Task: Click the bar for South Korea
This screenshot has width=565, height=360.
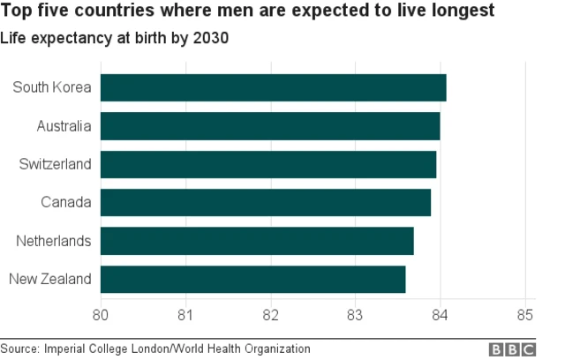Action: click(x=274, y=88)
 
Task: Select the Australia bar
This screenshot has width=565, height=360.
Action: click(x=270, y=126)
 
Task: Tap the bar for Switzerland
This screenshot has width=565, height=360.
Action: click(x=268, y=165)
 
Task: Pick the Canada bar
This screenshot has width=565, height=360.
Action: click(x=266, y=203)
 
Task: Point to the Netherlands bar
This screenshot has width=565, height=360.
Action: click(x=257, y=241)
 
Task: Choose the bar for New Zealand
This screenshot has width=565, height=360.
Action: click(x=253, y=280)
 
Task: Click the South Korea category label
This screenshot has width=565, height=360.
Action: click(x=52, y=88)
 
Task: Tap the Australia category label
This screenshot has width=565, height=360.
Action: click(x=64, y=126)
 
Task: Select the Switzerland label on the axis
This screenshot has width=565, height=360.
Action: click(x=55, y=165)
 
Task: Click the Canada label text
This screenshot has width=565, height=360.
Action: click(x=66, y=203)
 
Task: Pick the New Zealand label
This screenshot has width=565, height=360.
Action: click(x=50, y=280)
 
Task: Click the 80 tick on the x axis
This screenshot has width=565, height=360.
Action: click(x=101, y=314)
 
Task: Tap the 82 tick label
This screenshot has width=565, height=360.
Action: click(x=271, y=314)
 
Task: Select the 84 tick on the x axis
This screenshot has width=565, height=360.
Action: click(x=441, y=314)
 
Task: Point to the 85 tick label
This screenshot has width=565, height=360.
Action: click(x=525, y=314)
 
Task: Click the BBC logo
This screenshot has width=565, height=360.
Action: click(x=513, y=349)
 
